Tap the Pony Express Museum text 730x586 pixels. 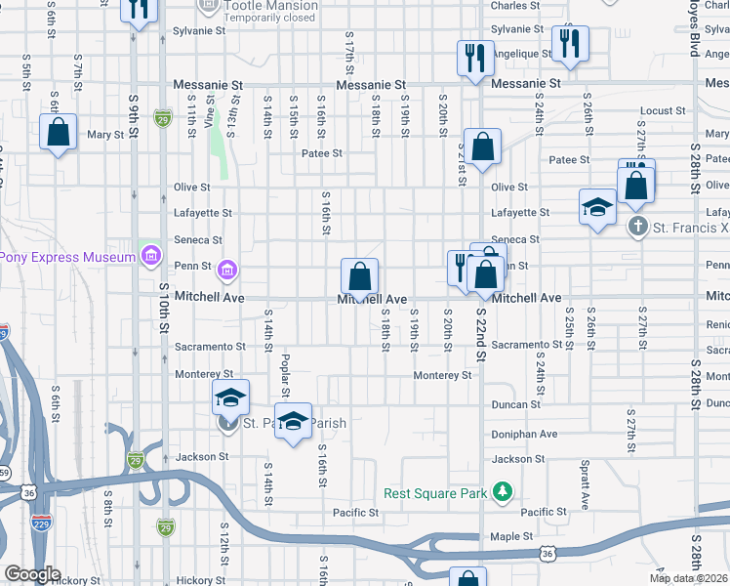tap(67, 257)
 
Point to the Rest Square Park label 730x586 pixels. tap(434, 493)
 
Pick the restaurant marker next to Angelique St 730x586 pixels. tap(569, 44)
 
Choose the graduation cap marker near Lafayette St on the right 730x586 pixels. tap(597, 207)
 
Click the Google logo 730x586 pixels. tap(31, 574)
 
